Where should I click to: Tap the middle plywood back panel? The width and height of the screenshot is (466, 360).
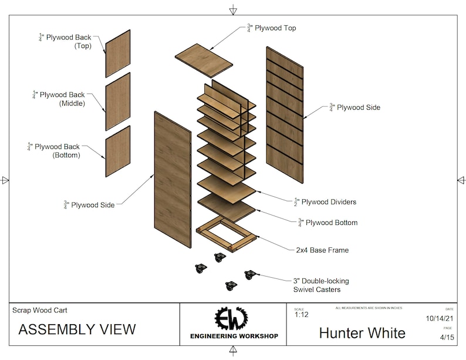tap(117, 102)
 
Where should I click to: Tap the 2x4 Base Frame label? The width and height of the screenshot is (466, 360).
tap(322, 250)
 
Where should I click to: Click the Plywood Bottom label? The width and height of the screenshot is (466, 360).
tap(327, 223)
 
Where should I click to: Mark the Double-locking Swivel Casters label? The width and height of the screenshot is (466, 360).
tap(317, 285)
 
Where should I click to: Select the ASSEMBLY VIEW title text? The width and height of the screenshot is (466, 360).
tap(77, 329)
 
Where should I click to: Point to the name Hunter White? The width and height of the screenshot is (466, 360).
tap(362, 333)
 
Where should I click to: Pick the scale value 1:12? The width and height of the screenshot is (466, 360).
tap(301, 315)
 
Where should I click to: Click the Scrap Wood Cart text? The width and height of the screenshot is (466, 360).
tap(43, 310)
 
